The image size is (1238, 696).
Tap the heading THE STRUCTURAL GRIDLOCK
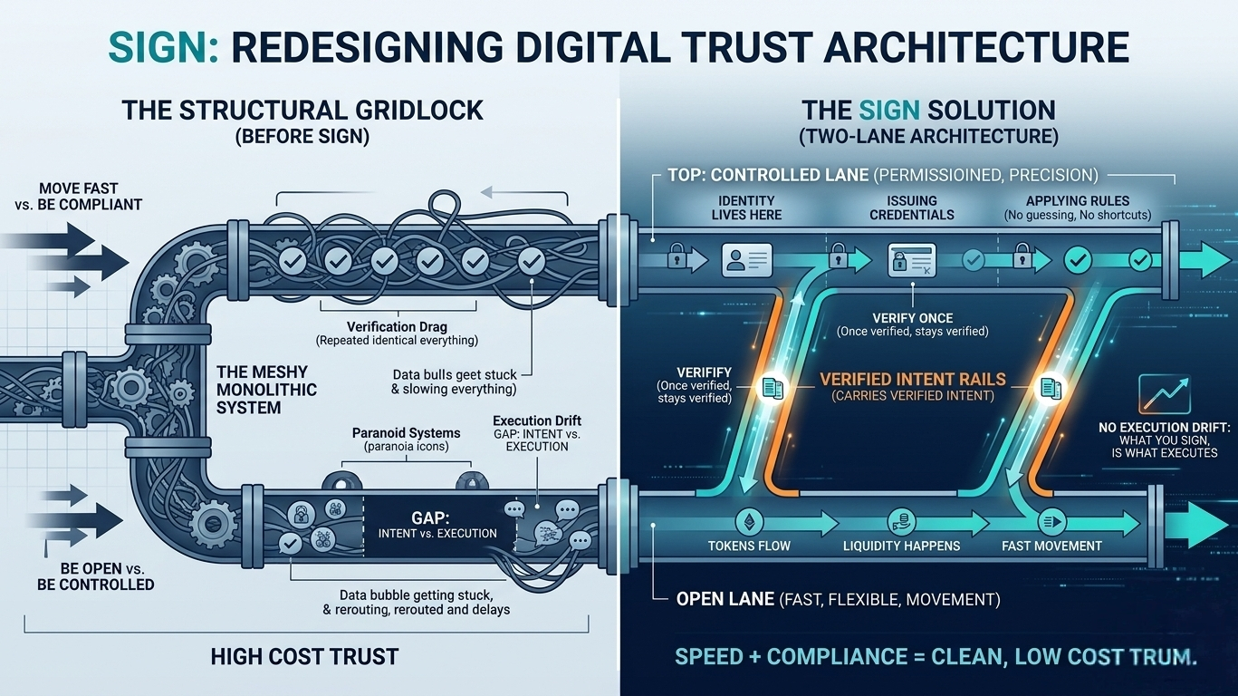pyautogui.click(x=302, y=111)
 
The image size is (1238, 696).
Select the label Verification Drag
pyautogui.click(x=396, y=326)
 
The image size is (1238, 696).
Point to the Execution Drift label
pyautogui.click(x=536, y=421)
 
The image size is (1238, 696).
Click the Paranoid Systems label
pyautogui.click(x=406, y=433)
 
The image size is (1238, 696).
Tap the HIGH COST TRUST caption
pyautogui.click(x=304, y=656)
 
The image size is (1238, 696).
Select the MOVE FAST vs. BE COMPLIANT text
pyautogui.click(x=78, y=197)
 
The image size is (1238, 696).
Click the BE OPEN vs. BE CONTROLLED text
pyautogui.click(x=96, y=576)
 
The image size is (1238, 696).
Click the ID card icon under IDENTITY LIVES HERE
pyautogui.click(x=746, y=261)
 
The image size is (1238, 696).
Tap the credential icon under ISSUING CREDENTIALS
pyautogui.click(x=912, y=261)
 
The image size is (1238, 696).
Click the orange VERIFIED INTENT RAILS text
pyautogui.click(x=912, y=381)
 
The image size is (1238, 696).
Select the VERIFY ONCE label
pyautogui.click(x=912, y=318)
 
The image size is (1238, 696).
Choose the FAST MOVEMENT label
pyautogui.click(x=1051, y=546)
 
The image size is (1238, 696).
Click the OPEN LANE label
pyautogui.click(x=725, y=599)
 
